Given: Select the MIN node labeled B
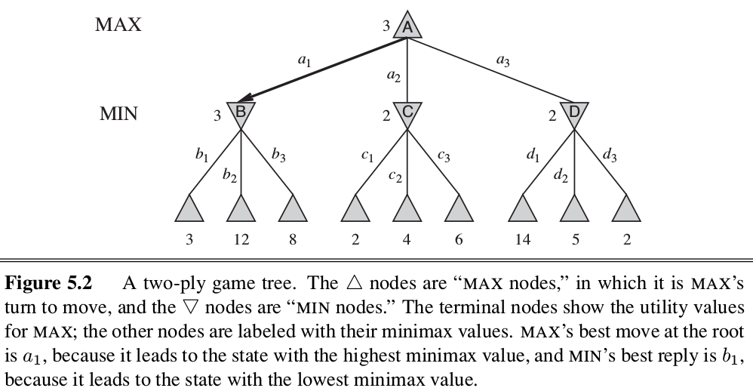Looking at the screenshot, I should pos(241,113).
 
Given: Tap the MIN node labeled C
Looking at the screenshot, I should pos(407,113).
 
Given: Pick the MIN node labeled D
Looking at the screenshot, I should pos(574,113).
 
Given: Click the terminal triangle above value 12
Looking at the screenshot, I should pos(241,209).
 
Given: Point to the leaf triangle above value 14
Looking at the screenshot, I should pos(521,209).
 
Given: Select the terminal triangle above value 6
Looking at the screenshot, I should pos(459,209).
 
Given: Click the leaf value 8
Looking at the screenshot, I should pos(293,239).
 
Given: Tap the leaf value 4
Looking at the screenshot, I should pos(407,239).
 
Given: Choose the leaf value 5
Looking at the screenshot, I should pos(574,239).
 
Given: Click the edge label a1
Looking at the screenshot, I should pos(304,63).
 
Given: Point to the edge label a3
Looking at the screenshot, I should pos(503,62).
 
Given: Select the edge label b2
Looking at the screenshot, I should pos(229,175).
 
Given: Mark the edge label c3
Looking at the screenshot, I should pos(444,156).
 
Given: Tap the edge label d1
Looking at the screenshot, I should pos(533,156).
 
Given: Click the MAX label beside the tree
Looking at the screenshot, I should pos(118,25).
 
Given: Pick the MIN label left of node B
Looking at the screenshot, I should pos(119,115).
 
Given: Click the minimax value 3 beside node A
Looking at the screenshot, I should pos(386,27).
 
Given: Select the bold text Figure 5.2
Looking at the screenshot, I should pos(48,284).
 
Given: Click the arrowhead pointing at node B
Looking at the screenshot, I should pos(243,100).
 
